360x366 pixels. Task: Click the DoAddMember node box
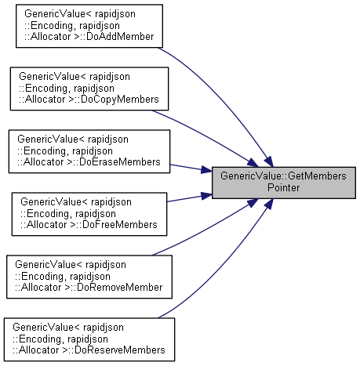pyautogui.click(x=89, y=26)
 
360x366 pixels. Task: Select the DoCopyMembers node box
pyautogui.click(x=89, y=89)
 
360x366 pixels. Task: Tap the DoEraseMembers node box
pyautogui.click(x=89, y=151)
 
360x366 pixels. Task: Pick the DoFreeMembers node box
pyautogui.click(x=89, y=214)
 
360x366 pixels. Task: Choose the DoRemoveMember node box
pyautogui.click(x=89, y=277)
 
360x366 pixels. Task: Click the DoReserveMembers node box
pyautogui.click(x=89, y=339)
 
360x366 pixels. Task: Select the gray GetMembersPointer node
pyautogui.click(x=284, y=183)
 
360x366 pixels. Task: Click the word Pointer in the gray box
pyautogui.click(x=284, y=187)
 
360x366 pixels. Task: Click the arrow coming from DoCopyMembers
pyautogui.click(x=206, y=136)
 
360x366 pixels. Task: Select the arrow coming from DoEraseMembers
pyautogui.click(x=191, y=168)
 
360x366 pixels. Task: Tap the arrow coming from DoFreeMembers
pyautogui.click(x=190, y=198)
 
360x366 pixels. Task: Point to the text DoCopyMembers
pyautogui.click(x=120, y=100)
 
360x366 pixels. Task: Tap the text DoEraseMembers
pyautogui.click(x=120, y=162)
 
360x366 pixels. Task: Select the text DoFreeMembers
pyautogui.click(x=120, y=225)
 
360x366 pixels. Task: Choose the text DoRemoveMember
pyautogui.click(x=120, y=288)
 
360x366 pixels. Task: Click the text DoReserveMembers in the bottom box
pyautogui.click(x=120, y=350)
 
